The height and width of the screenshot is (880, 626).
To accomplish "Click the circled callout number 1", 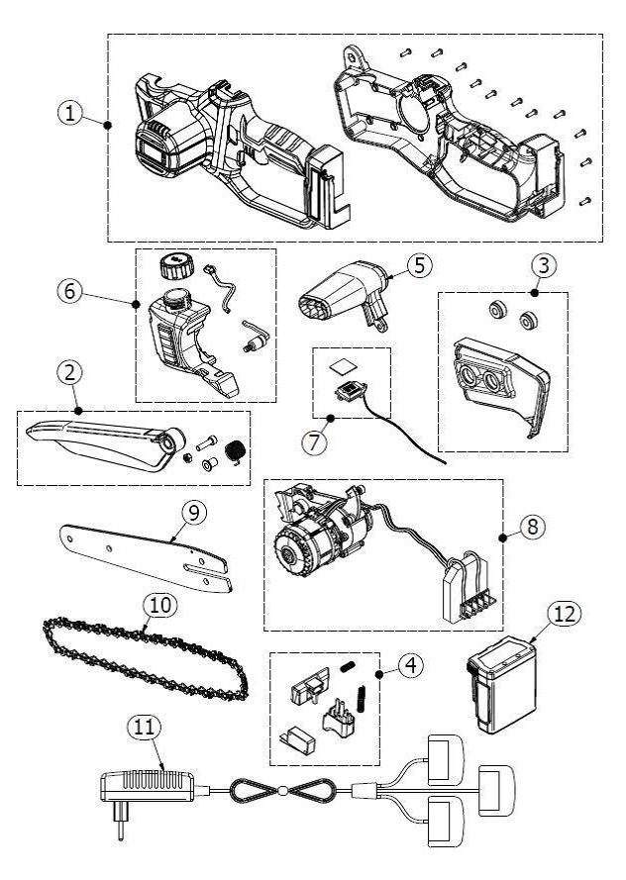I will [x=69, y=113].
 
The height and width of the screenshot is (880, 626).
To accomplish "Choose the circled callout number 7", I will [x=314, y=441].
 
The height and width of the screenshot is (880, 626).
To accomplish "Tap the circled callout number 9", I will [x=193, y=511].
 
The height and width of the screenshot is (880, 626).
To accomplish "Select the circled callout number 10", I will [x=156, y=602].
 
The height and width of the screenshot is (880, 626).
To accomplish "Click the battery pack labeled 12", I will [x=505, y=686].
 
